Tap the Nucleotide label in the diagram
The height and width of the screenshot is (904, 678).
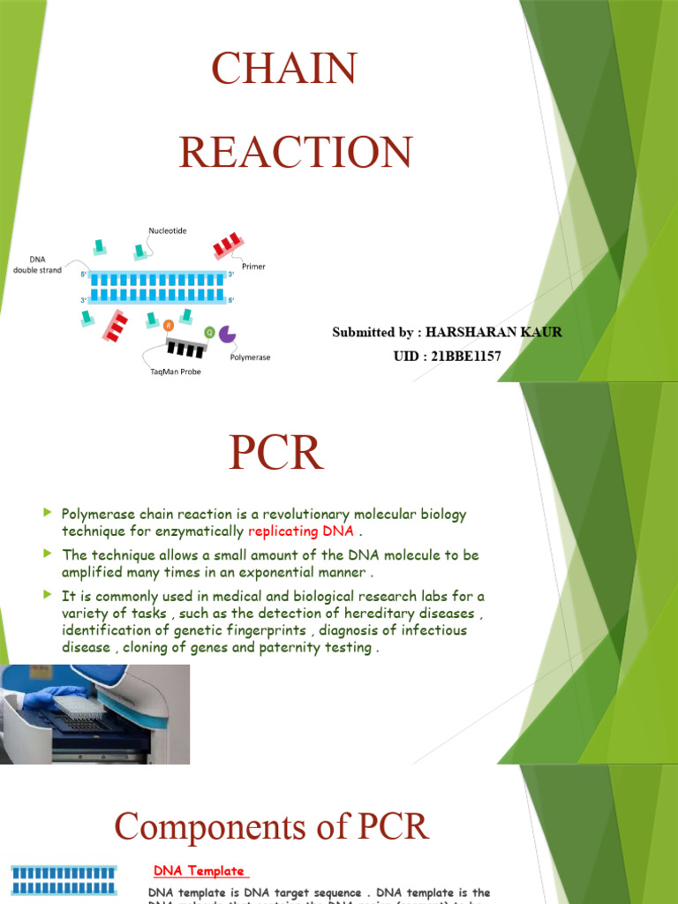click(x=168, y=230)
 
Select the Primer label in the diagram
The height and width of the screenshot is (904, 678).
click(x=252, y=266)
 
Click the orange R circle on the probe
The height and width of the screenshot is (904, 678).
click(x=169, y=324)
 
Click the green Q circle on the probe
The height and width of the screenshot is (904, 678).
click(x=209, y=332)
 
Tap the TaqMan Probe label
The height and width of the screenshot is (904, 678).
click(x=176, y=372)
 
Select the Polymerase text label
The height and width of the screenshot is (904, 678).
click(x=250, y=358)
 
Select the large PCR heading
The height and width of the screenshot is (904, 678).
click(x=275, y=454)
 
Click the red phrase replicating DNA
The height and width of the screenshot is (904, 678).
click(x=300, y=531)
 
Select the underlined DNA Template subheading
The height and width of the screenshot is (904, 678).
click(x=198, y=871)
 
